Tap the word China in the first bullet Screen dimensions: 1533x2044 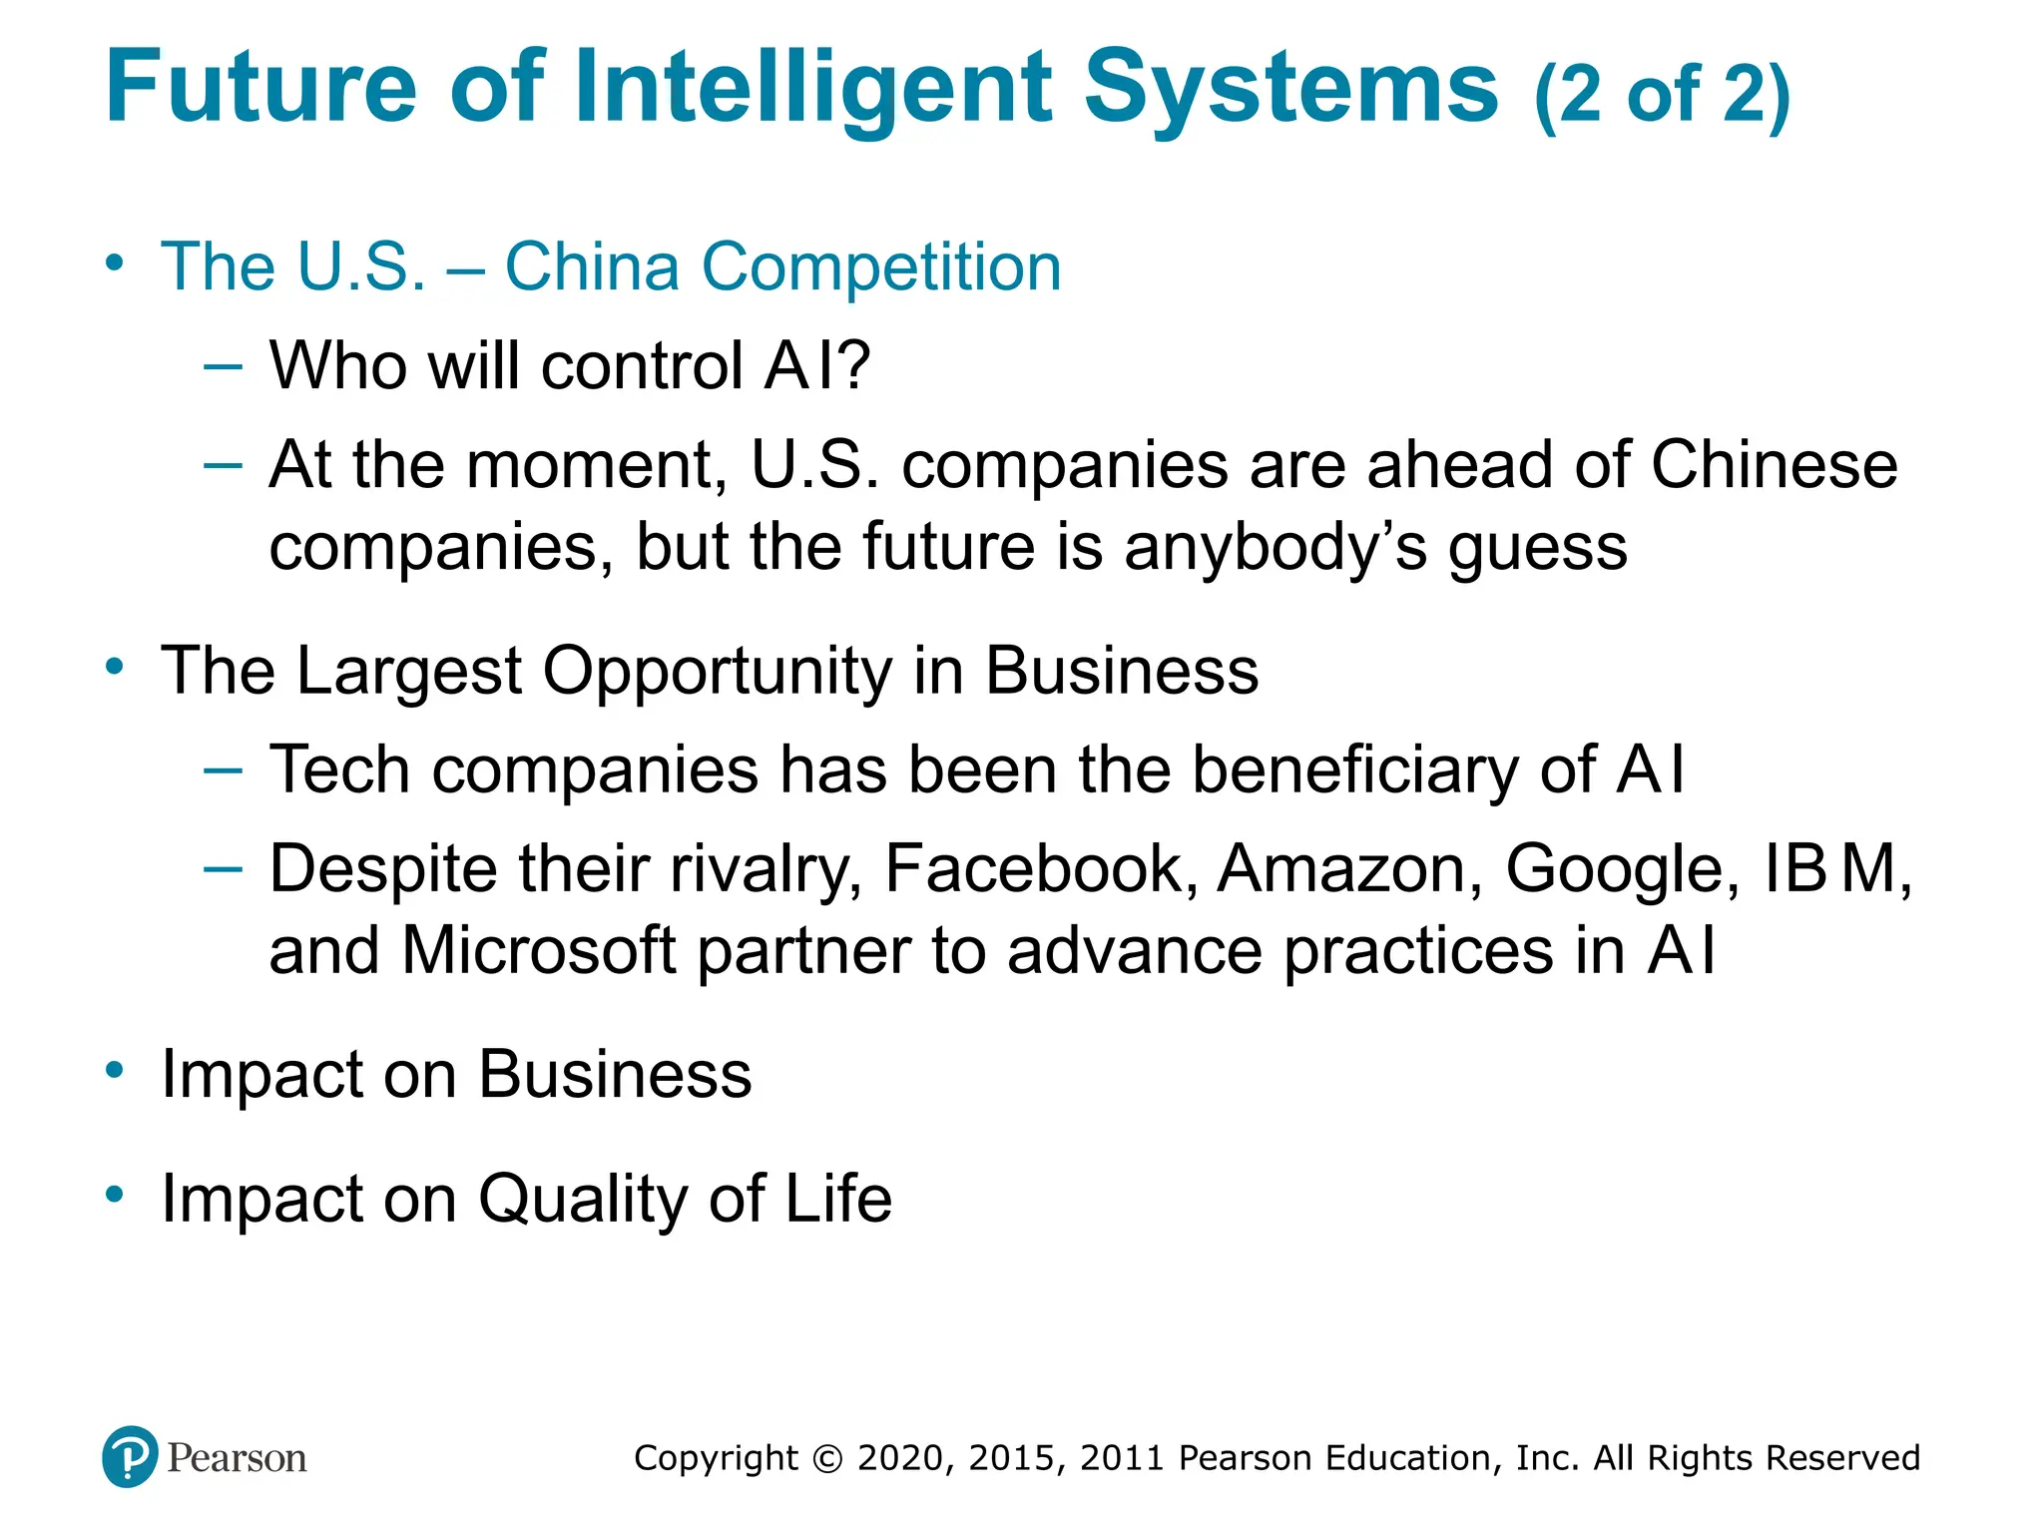tap(591, 267)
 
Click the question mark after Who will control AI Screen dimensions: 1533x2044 tap(854, 365)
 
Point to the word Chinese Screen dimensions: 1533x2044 tap(1774, 465)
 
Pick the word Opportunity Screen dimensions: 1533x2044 tap(718, 671)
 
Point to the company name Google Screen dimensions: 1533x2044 tap(1623, 870)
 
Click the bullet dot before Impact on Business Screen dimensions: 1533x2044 tap(116, 1070)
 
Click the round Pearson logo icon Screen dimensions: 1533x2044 tap(130, 1457)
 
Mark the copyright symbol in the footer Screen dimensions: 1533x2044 tap(827, 1458)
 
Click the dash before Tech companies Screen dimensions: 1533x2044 tap(222, 768)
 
